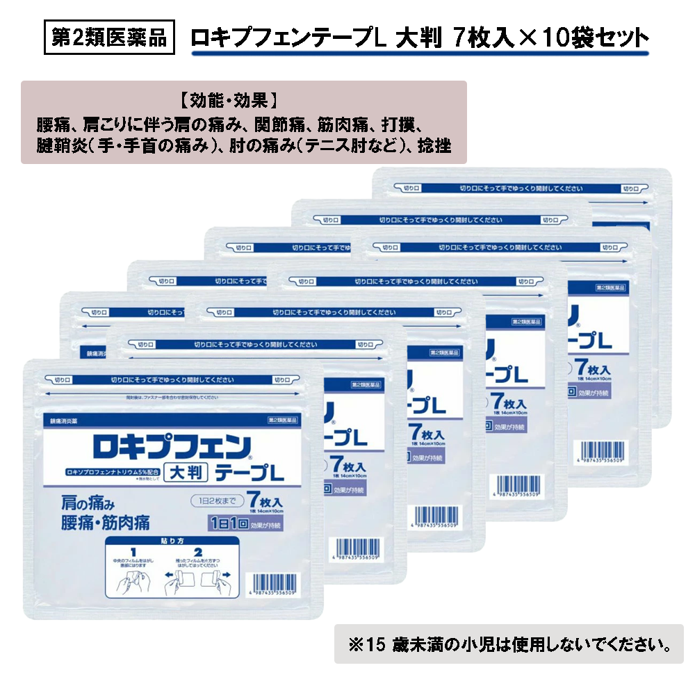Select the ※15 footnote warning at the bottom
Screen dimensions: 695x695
pyautogui.click(x=509, y=644)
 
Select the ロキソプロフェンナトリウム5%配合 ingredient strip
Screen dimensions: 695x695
pyautogui.click(x=102, y=473)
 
